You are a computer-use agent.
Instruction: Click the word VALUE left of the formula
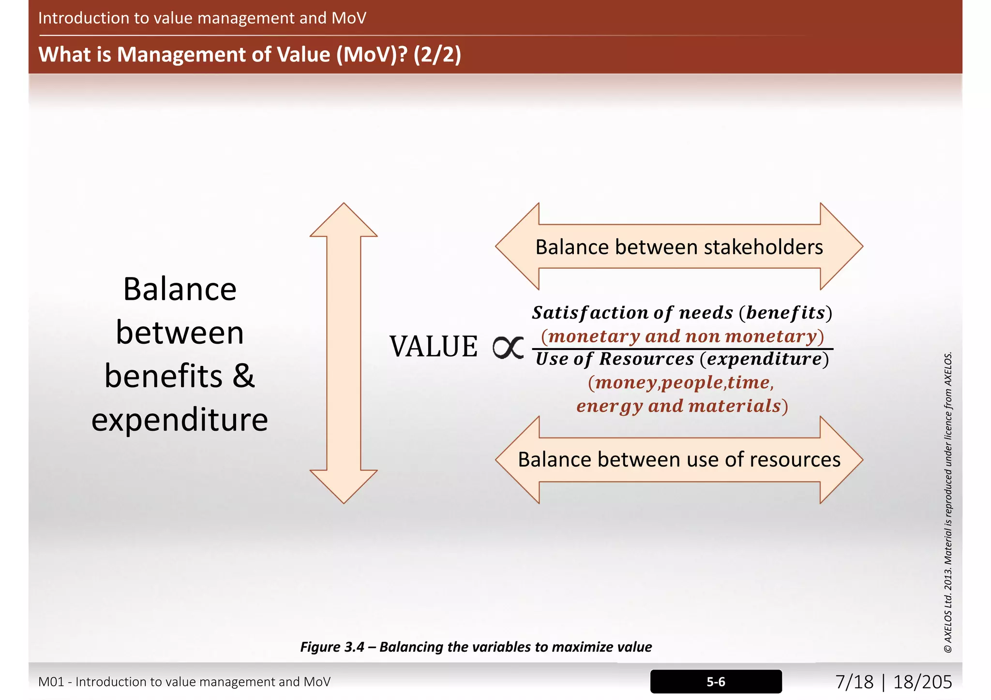434,347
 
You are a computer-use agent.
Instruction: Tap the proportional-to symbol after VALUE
508,347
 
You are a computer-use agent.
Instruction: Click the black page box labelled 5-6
716,682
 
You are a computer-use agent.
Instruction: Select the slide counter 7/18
854,682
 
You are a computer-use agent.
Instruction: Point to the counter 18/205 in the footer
922,682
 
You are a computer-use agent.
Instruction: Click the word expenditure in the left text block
180,420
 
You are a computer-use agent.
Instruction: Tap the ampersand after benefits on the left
243,376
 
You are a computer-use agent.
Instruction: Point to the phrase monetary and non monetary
682,336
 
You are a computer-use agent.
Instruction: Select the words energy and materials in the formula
682,406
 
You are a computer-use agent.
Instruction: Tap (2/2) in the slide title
437,54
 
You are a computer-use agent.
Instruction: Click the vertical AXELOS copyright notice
948,503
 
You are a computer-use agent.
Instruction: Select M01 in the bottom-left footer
51,682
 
